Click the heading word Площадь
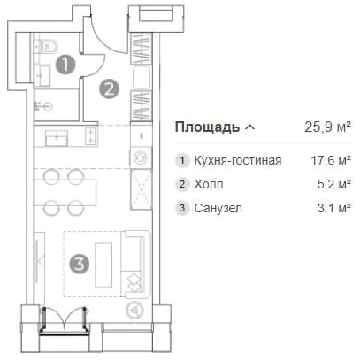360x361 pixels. tap(207, 127)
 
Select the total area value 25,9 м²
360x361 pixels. tap(327, 127)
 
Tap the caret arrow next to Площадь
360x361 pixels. tap(249, 127)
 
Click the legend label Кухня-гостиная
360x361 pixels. tap(238, 160)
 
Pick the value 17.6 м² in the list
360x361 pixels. tap(331, 160)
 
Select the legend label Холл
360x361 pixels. tap(209, 184)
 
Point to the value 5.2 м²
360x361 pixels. tap(334, 184)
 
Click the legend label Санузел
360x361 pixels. tap(218, 208)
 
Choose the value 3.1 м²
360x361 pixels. tap(334, 208)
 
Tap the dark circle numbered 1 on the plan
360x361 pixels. tap(65, 64)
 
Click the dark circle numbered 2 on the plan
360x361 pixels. tap(110, 89)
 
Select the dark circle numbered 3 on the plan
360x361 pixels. tap(80, 264)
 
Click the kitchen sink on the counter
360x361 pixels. tap(57, 138)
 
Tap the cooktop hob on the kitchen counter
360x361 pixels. tap(91, 136)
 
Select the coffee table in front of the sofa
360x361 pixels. tap(103, 265)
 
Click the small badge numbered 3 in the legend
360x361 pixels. tap(182, 208)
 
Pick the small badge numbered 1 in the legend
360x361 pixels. tap(182, 161)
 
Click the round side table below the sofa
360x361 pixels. tap(135, 310)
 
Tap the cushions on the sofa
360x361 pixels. tap(134, 282)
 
